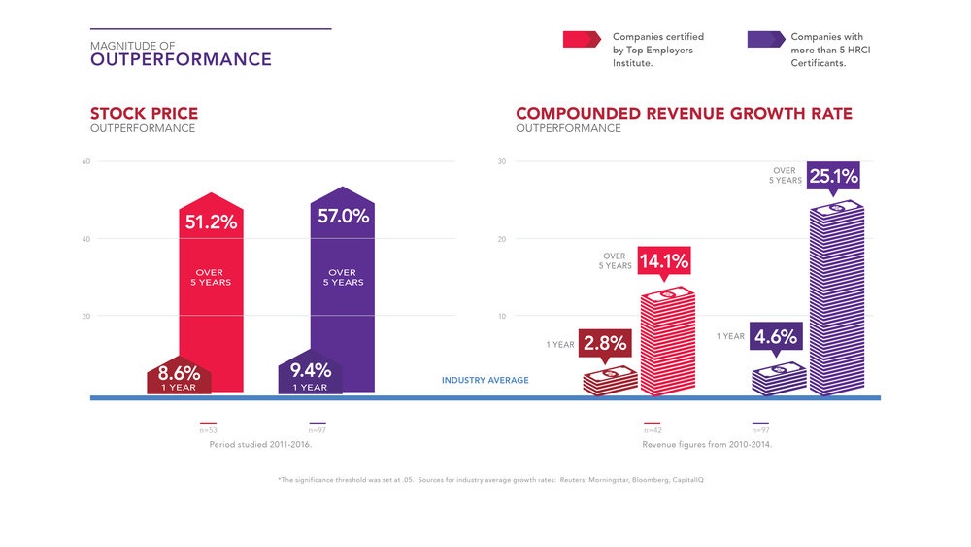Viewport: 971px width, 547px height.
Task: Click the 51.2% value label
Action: pos(211,222)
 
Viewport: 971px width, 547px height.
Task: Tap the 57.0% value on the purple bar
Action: pos(343,217)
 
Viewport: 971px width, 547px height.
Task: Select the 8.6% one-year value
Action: pos(179,372)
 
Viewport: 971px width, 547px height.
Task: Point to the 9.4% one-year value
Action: pos(311,370)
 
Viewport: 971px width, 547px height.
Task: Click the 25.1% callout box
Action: pos(832,178)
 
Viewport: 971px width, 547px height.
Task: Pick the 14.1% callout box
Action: pos(664,260)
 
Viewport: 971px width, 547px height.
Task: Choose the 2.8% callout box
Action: pos(605,344)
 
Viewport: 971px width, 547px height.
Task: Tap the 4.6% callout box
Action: pos(776,337)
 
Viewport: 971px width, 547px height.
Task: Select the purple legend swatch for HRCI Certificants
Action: pos(765,39)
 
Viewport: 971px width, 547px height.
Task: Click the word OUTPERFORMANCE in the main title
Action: pos(181,60)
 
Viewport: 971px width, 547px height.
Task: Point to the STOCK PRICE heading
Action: pos(144,114)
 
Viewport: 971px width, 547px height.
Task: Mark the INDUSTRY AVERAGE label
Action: pos(485,380)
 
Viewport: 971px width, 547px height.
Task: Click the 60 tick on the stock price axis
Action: pos(86,161)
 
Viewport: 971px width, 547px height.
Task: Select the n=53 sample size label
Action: pos(208,428)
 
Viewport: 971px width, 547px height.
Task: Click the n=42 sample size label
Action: pos(653,428)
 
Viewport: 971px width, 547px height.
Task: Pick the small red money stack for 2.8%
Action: pos(610,380)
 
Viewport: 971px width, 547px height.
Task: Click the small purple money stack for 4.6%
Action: pos(779,378)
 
